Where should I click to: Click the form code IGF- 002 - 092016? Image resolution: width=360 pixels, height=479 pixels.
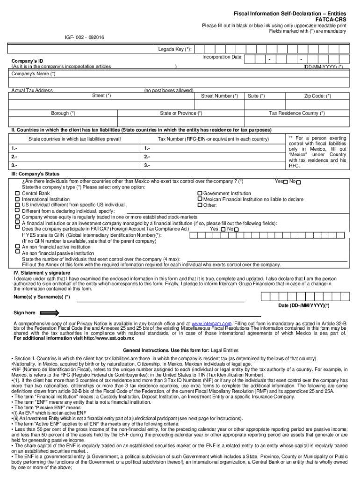(x=84, y=36)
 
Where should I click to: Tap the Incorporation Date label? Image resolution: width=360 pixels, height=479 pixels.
(x=222, y=57)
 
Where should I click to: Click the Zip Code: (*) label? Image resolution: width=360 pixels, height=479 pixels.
(x=317, y=96)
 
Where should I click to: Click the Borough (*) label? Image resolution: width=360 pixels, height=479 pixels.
(x=63, y=113)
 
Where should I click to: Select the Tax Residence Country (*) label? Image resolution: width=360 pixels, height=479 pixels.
(x=297, y=113)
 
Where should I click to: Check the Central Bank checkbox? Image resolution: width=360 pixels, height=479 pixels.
(x=17, y=193)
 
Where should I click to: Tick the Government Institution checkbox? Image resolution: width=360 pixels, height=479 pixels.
(x=199, y=193)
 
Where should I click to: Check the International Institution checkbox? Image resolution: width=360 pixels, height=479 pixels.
(x=17, y=199)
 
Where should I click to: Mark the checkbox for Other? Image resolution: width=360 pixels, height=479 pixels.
(x=199, y=205)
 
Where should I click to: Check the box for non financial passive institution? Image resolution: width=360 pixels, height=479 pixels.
(x=17, y=252)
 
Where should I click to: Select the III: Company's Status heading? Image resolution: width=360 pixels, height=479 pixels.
(x=36, y=174)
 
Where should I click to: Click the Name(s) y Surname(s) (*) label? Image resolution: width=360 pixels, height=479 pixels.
(x=42, y=297)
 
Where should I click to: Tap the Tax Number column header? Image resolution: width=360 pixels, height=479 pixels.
(x=213, y=139)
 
